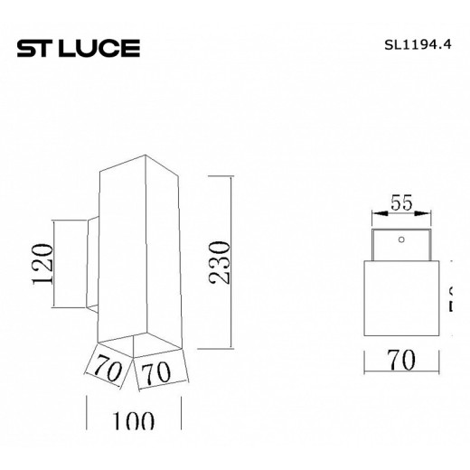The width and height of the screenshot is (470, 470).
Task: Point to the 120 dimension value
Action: (43, 262)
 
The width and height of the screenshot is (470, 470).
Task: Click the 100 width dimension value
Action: (134, 421)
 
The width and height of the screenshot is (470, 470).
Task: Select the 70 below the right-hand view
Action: (399, 361)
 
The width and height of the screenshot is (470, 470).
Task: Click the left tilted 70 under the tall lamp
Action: (109, 370)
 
